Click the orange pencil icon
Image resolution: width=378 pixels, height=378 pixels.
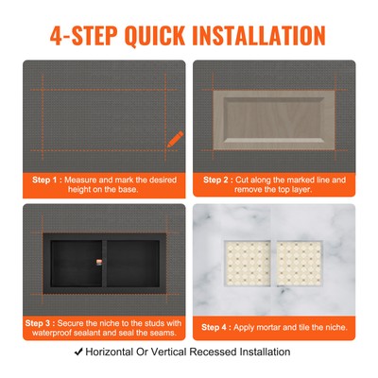pos(175,138)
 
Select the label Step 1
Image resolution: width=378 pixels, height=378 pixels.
pos(50,178)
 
